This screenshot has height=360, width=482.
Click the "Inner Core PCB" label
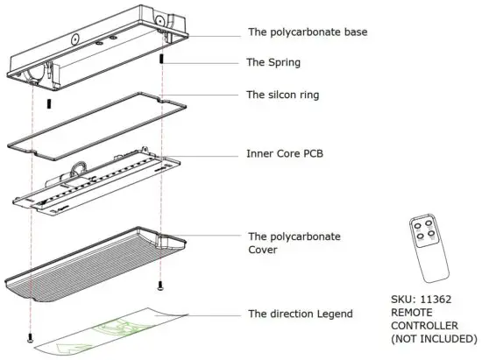coord(292,157)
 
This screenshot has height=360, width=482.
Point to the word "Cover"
coord(267,250)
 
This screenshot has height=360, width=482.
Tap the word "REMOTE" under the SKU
coord(413,312)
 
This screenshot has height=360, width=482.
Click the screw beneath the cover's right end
coord(159,286)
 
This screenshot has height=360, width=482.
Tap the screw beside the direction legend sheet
coord(32,336)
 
